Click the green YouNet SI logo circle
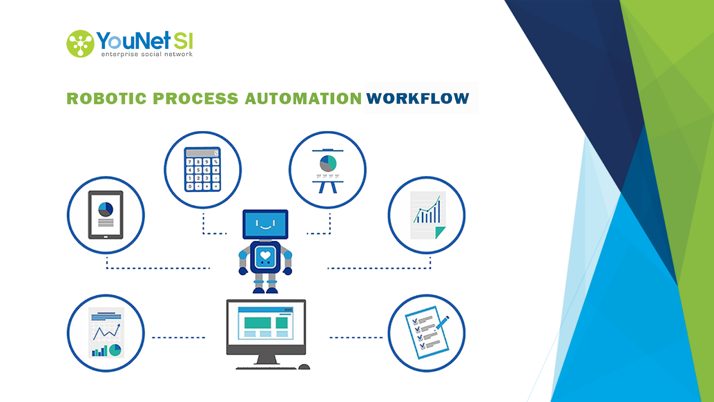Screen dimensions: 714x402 (x=80, y=44)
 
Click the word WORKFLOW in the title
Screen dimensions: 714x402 (x=418, y=98)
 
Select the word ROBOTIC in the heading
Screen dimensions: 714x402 (x=107, y=98)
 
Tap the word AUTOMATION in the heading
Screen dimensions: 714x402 (x=303, y=98)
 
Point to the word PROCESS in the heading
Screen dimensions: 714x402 (x=196, y=98)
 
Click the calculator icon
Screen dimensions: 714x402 (x=203, y=169)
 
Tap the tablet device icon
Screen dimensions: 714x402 (x=106, y=215)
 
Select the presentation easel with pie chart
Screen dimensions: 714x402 (x=328, y=171)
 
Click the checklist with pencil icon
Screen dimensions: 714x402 (x=427, y=332)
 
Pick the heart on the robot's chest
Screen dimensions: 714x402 (x=265, y=255)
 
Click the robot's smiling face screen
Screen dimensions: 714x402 (x=266, y=224)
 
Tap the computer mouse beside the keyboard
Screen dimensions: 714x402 (x=304, y=367)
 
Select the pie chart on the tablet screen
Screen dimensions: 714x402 (x=105, y=209)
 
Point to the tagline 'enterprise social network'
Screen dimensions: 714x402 (x=147, y=54)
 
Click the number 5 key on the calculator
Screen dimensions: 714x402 (x=198, y=170)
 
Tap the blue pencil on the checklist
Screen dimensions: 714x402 (x=443, y=322)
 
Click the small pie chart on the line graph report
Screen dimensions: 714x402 (x=115, y=350)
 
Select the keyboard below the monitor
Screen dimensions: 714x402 (x=266, y=368)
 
